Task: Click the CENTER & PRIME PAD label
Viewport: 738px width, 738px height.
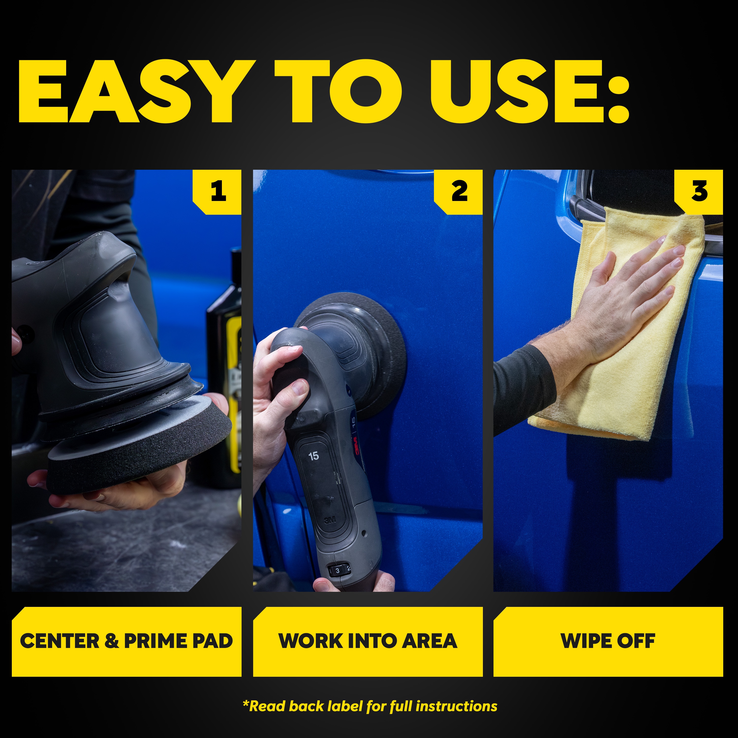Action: [126, 641]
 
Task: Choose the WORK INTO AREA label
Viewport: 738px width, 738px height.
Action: [368, 641]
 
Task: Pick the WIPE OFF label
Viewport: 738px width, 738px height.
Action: [608, 641]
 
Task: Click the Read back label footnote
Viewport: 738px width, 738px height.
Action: [370, 706]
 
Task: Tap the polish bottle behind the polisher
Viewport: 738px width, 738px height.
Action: [225, 367]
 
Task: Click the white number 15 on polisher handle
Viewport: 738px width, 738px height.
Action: [313, 456]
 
